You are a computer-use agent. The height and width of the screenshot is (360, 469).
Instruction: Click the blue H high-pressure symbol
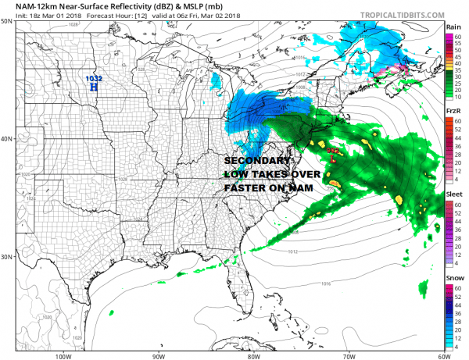[94, 87]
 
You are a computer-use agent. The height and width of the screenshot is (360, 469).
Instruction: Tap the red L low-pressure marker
[333, 158]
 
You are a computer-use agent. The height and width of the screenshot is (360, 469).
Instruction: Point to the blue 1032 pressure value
[94, 79]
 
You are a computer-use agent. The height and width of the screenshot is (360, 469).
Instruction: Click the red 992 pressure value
[332, 150]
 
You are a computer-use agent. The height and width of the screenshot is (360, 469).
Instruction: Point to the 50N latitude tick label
[7, 21]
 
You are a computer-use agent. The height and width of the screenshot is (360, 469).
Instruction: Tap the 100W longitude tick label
[64, 354]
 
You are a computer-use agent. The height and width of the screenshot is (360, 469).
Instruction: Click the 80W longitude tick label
[252, 354]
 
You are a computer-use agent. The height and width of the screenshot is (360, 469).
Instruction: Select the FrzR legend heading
[452, 112]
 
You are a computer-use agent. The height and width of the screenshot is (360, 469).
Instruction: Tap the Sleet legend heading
[453, 194]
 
